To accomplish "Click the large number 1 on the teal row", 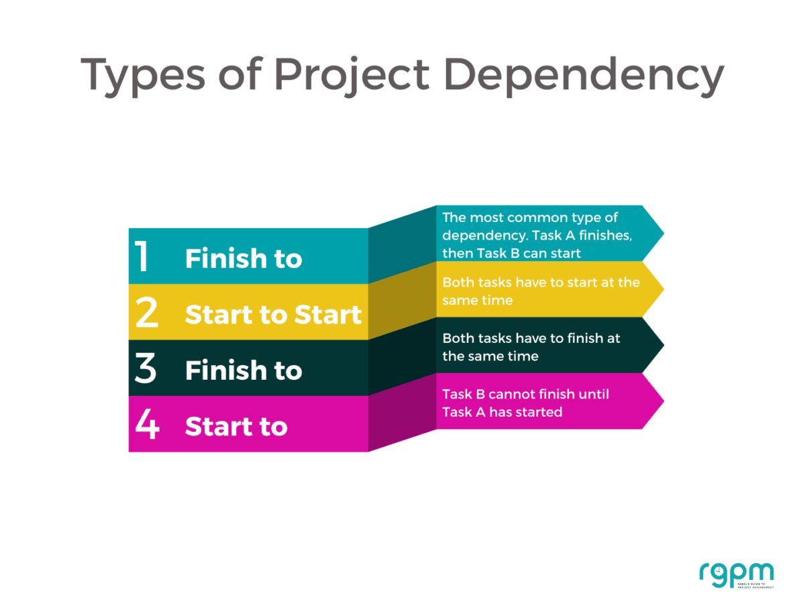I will (x=142, y=256).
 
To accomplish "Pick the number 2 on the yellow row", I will (x=146, y=313).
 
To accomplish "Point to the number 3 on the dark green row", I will (x=146, y=368).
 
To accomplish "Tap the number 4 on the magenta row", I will (x=146, y=424).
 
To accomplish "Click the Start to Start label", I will (x=273, y=315).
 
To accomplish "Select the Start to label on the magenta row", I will (x=236, y=426).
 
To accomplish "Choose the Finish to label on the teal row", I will (x=244, y=259).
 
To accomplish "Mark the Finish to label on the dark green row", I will (x=244, y=370).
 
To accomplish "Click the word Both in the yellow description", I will (x=458, y=283).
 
